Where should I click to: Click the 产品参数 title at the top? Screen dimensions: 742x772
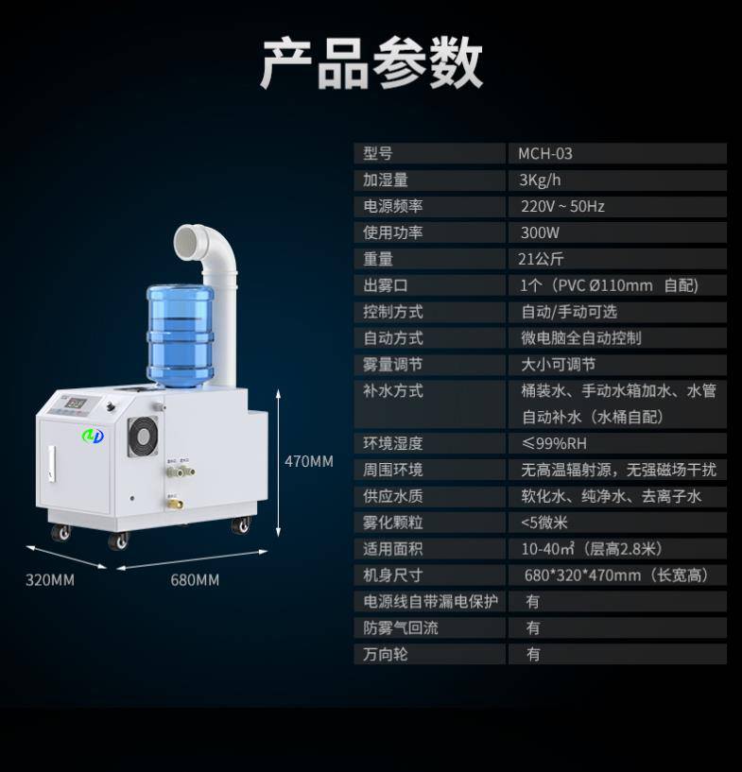[x=371, y=63]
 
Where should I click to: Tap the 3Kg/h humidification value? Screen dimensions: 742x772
[x=540, y=180]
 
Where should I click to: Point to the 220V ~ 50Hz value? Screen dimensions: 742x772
[x=562, y=206]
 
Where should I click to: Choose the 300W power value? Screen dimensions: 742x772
[x=540, y=232]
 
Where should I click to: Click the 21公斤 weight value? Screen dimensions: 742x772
[x=541, y=259]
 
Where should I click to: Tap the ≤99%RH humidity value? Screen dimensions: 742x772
[x=554, y=443]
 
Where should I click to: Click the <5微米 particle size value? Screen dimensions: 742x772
[x=544, y=523]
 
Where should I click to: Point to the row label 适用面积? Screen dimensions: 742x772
[x=393, y=549]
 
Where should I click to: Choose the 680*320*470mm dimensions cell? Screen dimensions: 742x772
[x=616, y=575]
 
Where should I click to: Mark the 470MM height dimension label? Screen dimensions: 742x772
[x=309, y=461]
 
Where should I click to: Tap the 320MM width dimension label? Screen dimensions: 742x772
[x=50, y=580]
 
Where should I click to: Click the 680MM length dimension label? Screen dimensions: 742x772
[x=195, y=580]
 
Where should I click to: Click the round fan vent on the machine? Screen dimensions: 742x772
[x=144, y=437]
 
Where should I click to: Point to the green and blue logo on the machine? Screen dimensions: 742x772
[x=93, y=436]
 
